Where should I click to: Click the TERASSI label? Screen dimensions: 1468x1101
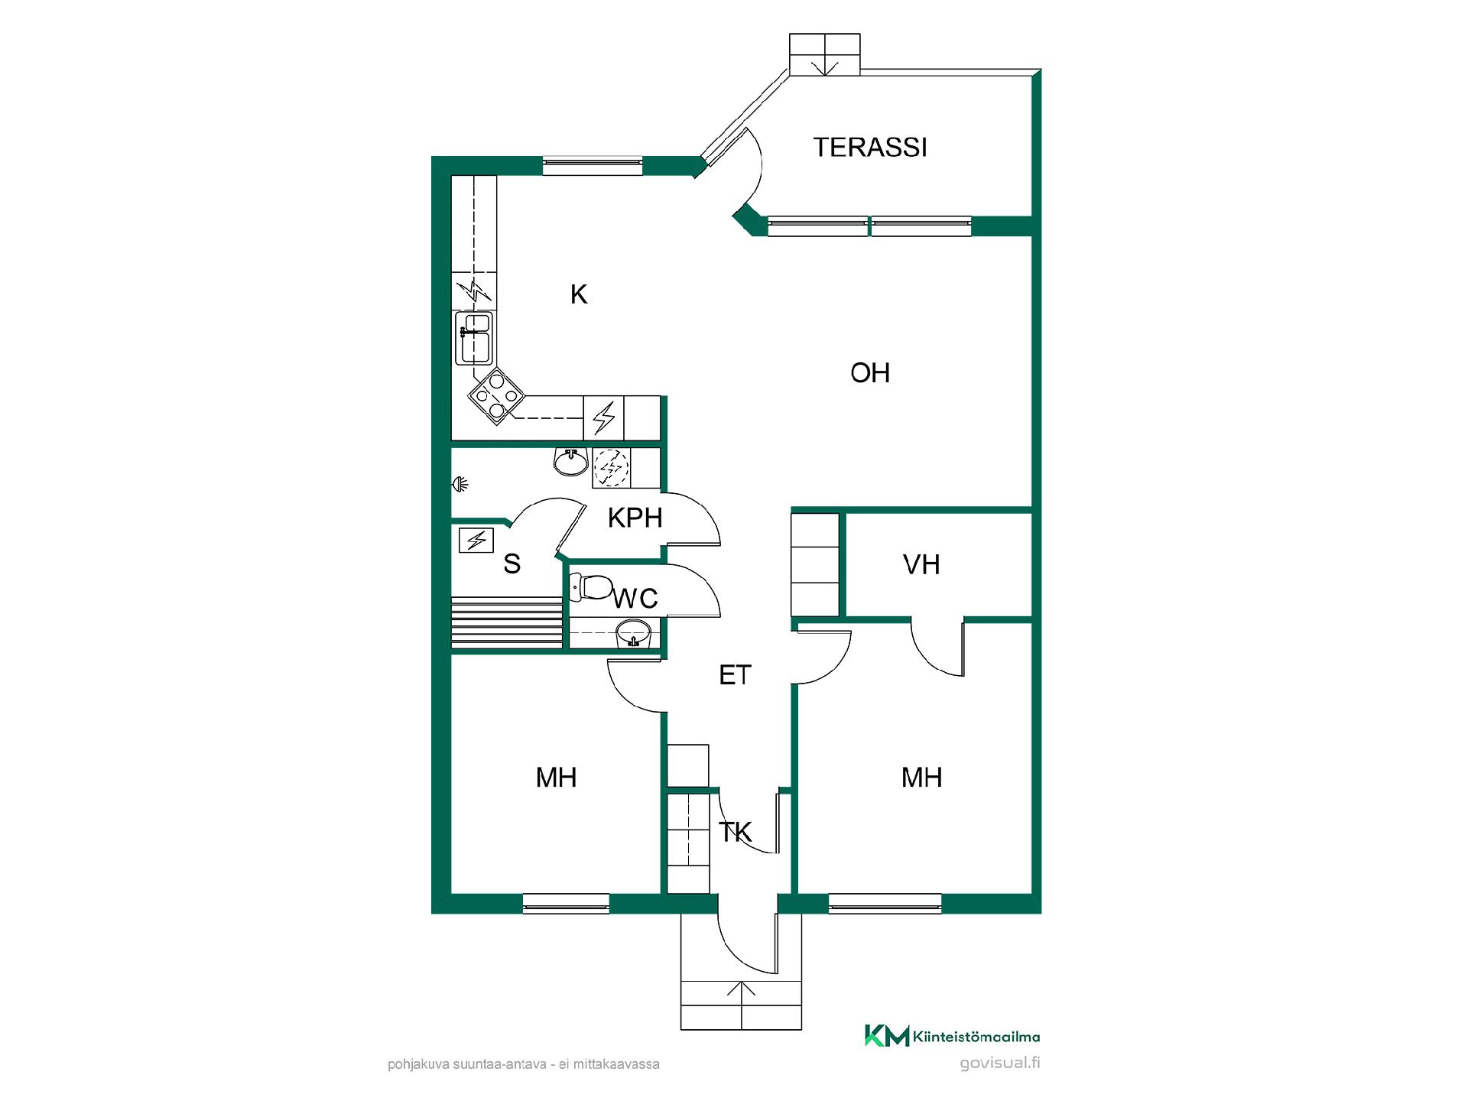[x=870, y=147]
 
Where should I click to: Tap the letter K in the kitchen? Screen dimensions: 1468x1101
[x=579, y=294]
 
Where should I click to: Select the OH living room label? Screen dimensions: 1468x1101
[x=870, y=373]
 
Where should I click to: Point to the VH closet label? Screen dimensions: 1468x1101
[x=921, y=565]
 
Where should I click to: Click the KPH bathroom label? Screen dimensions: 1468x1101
[x=635, y=518]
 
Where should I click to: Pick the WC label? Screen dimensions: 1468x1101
[x=635, y=598]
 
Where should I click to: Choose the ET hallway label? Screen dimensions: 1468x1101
[x=736, y=675]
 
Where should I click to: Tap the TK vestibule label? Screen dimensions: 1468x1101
[x=736, y=832]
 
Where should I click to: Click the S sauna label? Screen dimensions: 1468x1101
[x=512, y=564]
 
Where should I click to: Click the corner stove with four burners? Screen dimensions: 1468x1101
[x=497, y=396]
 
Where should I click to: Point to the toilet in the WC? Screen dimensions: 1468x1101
[x=593, y=587]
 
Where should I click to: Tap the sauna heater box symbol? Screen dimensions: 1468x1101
[x=476, y=541]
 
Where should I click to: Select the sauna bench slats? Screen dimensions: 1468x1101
[x=507, y=622]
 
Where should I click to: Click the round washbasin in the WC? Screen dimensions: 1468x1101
[x=634, y=632]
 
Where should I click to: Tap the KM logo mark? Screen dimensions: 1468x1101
[x=887, y=1035]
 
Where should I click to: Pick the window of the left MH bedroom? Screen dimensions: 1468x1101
[x=566, y=903]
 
